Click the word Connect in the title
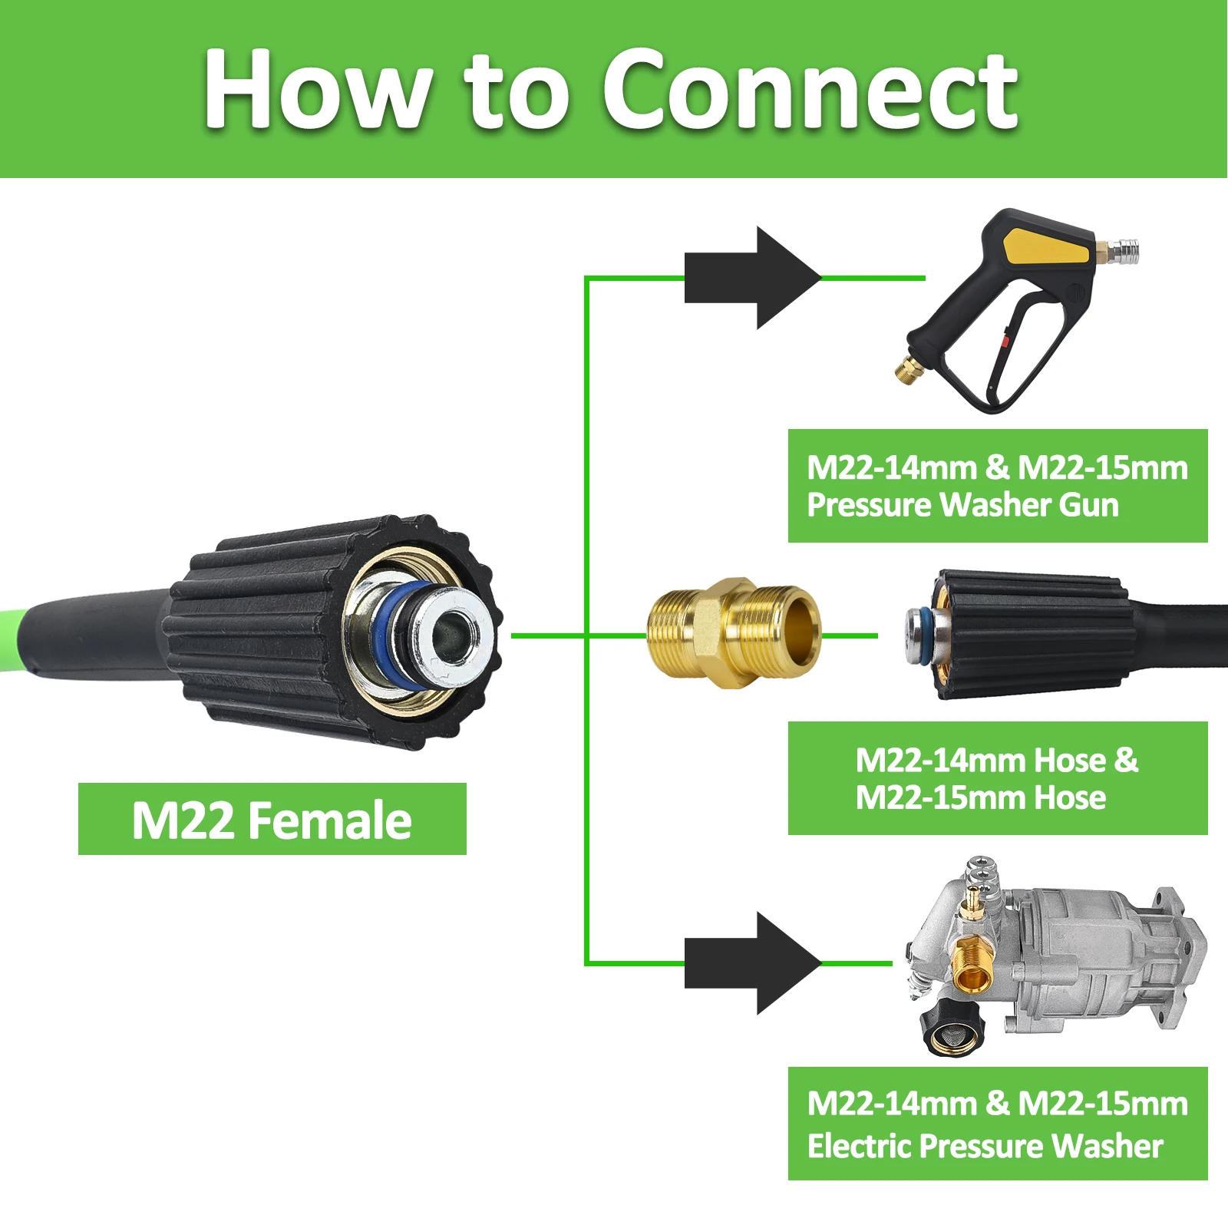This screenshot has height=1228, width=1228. [810, 90]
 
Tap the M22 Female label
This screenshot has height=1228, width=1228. [272, 820]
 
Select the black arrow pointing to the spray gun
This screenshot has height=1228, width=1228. [752, 278]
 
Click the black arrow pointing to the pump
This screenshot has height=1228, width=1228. [752, 963]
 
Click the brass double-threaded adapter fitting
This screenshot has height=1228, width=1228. [734, 634]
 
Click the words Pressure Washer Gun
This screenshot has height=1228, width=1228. [962, 505]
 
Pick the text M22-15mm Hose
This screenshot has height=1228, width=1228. [980, 797]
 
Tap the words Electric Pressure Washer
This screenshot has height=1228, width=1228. [985, 1146]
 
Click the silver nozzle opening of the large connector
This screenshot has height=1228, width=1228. [454, 633]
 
